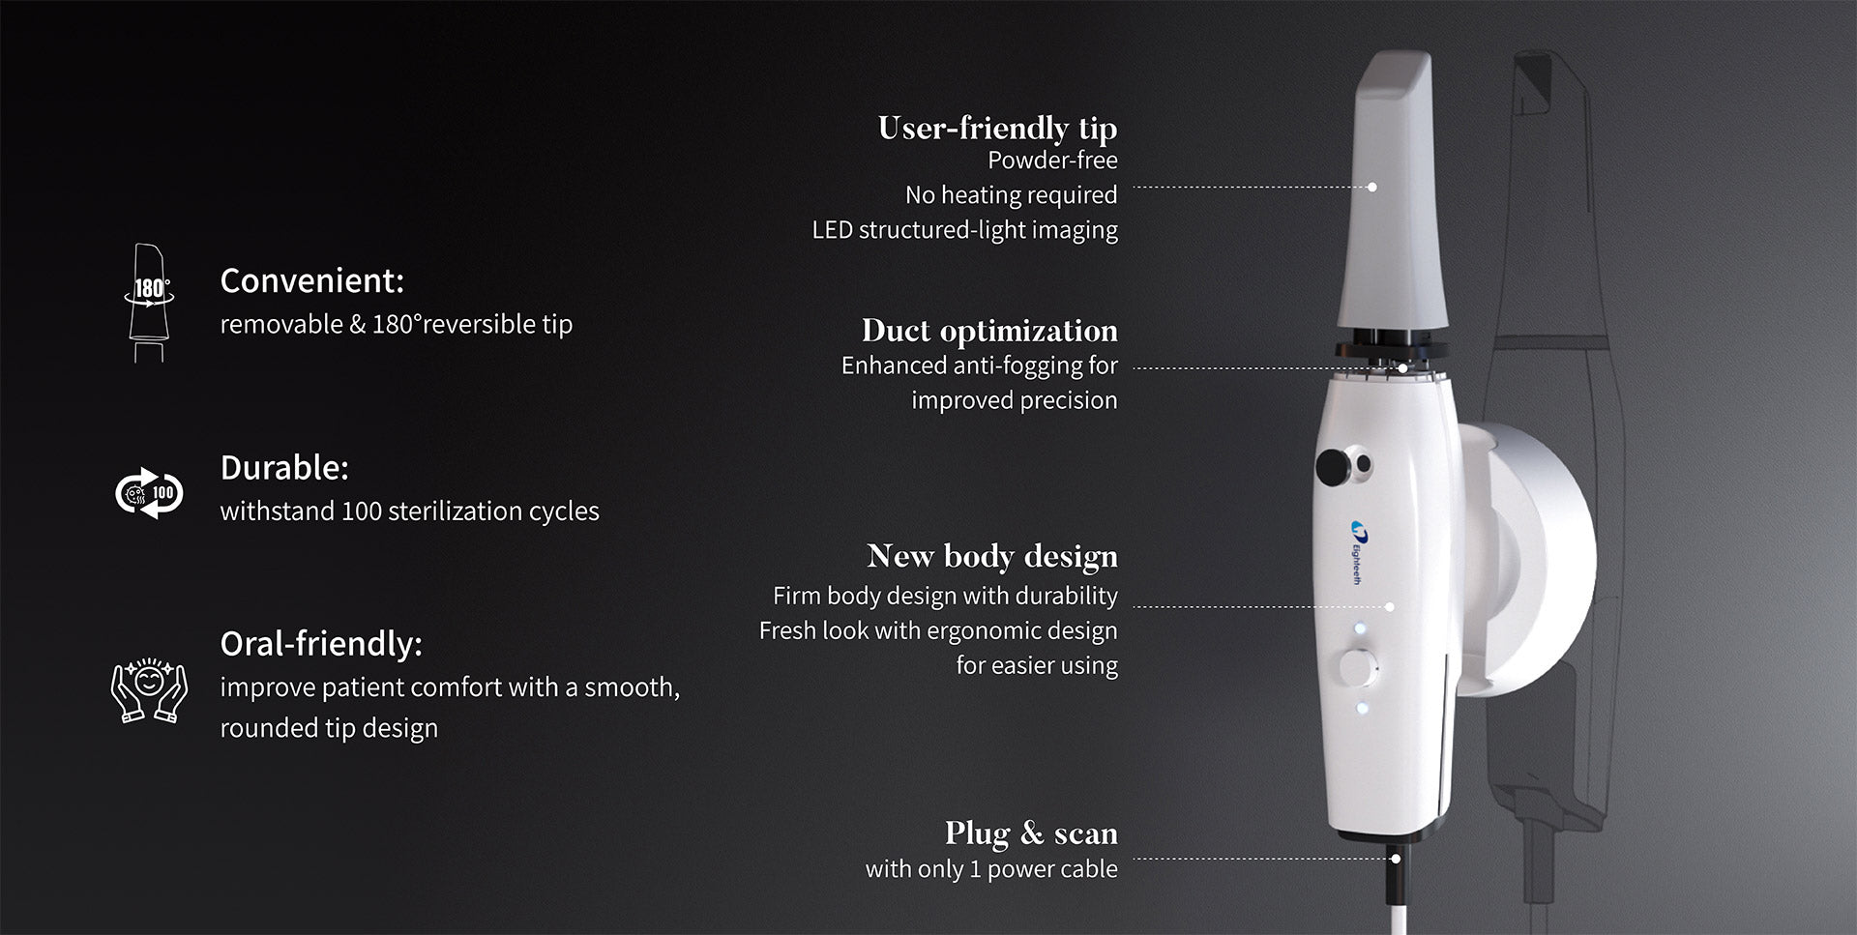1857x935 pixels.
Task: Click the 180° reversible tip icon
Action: click(x=149, y=303)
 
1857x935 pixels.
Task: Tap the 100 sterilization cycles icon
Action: click(x=149, y=493)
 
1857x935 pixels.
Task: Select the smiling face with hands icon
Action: click(x=149, y=689)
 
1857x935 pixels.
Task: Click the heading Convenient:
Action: click(x=311, y=280)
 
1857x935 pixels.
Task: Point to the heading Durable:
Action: click(x=284, y=468)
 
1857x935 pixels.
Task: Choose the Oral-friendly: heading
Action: click(x=321, y=644)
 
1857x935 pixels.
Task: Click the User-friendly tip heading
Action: click(x=997, y=128)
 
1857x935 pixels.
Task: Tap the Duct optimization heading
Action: click(x=989, y=331)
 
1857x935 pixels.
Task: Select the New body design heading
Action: click(x=992, y=556)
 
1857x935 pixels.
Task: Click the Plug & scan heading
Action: click(x=1031, y=833)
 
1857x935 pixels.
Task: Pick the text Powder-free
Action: click(x=1052, y=161)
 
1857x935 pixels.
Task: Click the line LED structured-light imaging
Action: click(x=964, y=230)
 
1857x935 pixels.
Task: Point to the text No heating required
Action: click(x=1011, y=195)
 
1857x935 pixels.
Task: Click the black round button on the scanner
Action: click(x=1334, y=467)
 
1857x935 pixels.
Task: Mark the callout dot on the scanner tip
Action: click(x=1372, y=187)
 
